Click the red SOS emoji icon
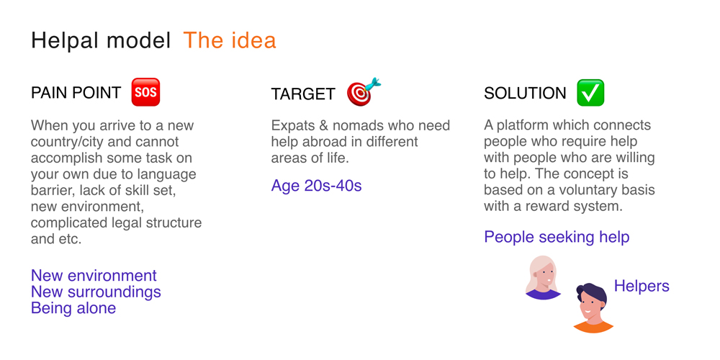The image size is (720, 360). pos(145,92)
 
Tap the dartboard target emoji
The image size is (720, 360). pos(363,92)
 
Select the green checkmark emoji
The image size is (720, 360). pos(590,93)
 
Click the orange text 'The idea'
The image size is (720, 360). pos(230,40)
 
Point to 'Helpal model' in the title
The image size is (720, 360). pos(101,40)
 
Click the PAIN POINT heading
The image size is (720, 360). pos(76,93)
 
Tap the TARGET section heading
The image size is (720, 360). pos(303,94)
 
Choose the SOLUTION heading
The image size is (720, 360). pos(525,93)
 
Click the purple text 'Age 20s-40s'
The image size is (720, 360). pos(316,186)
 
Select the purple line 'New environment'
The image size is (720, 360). pos(94,276)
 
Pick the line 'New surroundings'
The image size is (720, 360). pos(96,292)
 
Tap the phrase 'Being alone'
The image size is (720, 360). pos(73,307)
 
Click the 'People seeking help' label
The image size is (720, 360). pos(557,237)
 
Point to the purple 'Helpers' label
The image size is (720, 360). pos(642,286)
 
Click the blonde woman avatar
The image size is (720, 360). pos(543,277)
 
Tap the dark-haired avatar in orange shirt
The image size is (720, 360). pos(593,307)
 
